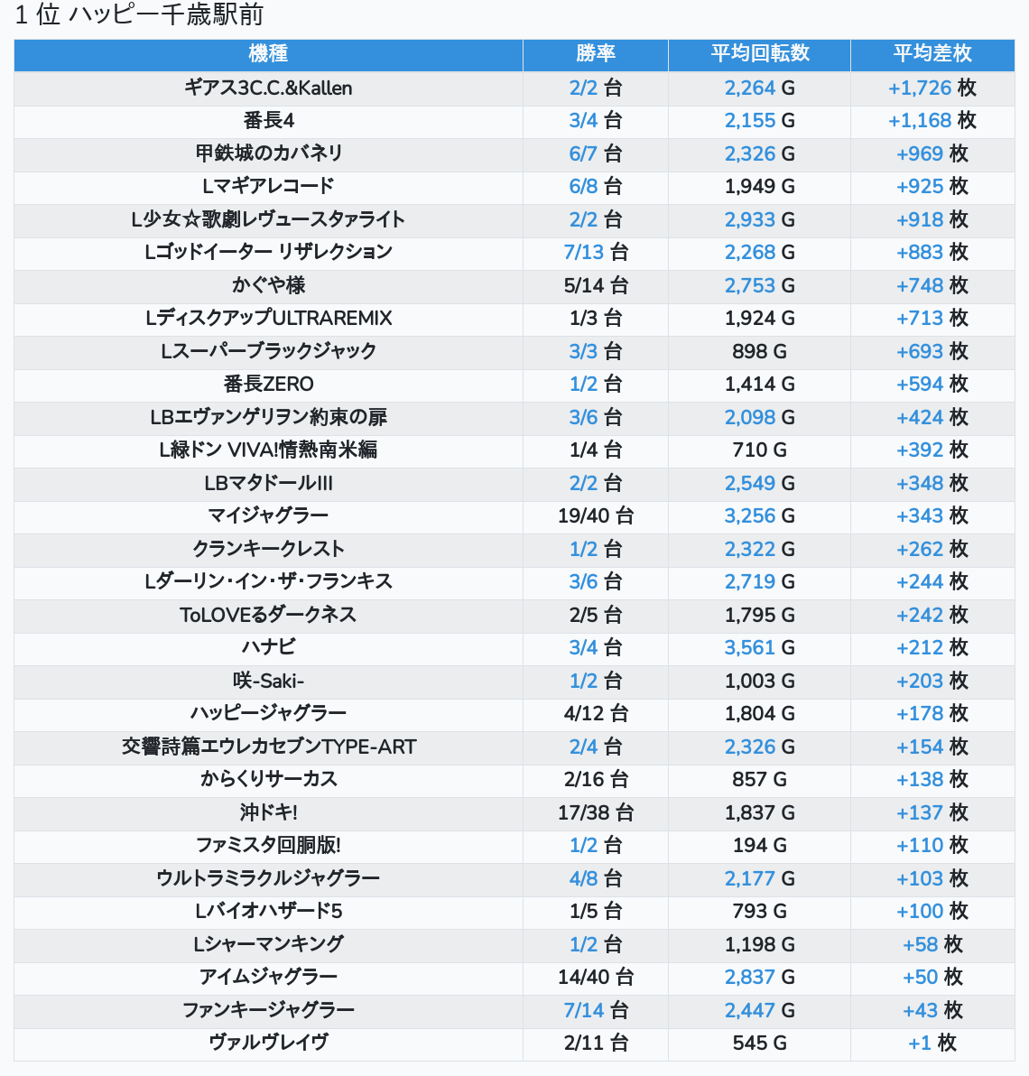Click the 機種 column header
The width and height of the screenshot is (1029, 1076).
pos(268,53)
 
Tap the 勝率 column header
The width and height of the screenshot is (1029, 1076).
pos(596,53)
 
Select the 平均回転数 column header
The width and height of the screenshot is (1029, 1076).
pos(760,53)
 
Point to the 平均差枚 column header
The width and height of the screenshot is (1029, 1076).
pos(932,53)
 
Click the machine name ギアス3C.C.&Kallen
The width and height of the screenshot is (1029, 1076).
pos(268,88)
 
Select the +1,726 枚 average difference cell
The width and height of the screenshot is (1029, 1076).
pos(932,88)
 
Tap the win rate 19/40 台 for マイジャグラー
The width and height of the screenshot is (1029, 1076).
pos(596,516)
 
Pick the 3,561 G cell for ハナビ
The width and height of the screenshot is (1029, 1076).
pos(760,648)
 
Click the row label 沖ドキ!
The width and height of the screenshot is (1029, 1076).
pos(268,812)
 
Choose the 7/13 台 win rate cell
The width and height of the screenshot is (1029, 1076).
pos(596,253)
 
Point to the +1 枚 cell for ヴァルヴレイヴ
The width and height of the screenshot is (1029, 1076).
pos(932,1044)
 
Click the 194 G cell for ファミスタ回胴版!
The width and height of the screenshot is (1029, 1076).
pos(760,846)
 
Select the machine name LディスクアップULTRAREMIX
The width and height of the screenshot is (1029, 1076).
pos(268,319)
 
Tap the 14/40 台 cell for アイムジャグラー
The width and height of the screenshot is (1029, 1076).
pos(596,978)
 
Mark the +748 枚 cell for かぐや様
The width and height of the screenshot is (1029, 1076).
pos(932,285)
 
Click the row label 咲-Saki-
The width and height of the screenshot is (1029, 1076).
pos(268,681)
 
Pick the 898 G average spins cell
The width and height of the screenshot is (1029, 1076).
pos(760,351)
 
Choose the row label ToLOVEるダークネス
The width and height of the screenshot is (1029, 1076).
pos(268,615)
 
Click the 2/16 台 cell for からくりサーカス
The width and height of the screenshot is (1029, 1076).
pos(596,780)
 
